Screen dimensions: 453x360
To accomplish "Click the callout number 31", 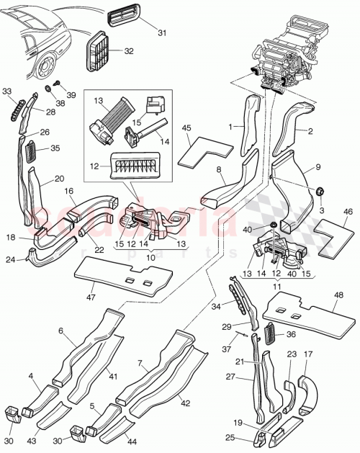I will tap(161, 32).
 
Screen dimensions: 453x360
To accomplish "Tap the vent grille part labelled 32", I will tap(99, 53).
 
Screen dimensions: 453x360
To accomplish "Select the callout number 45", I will tap(186, 128).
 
